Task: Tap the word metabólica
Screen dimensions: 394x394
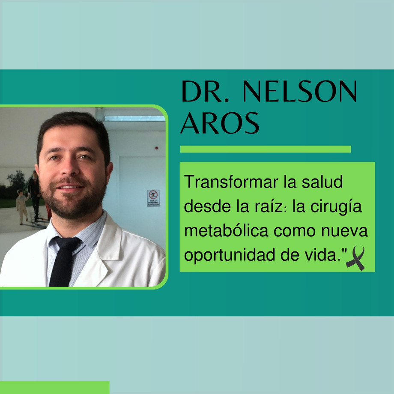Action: click(226, 231)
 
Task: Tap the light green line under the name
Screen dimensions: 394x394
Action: click(265, 149)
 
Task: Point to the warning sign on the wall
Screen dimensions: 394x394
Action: click(153, 198)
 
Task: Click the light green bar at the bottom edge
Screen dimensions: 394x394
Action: click(54, 387)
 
